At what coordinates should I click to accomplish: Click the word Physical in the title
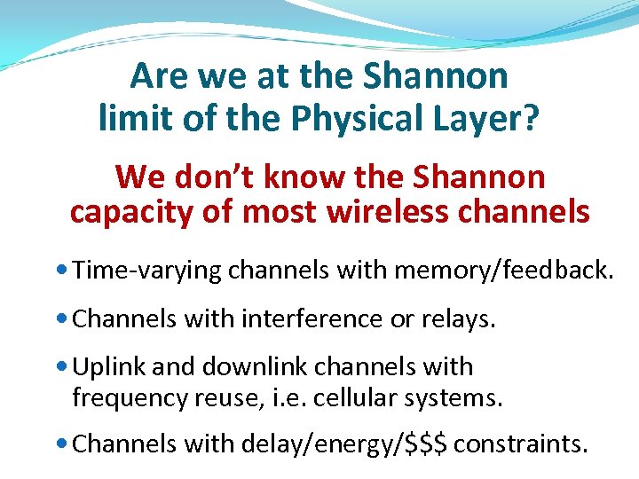pyautogui.click(x=369, y=118)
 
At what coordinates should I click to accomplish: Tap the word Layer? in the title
pyautogui.click(x=492, y=118)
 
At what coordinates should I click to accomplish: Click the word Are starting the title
pyautogui.click(x=160, y=76)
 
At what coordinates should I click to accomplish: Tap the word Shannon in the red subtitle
pyautogui.click(x=479, y=177)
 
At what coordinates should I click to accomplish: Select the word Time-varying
pyautogui.click(x=147, y=271)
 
